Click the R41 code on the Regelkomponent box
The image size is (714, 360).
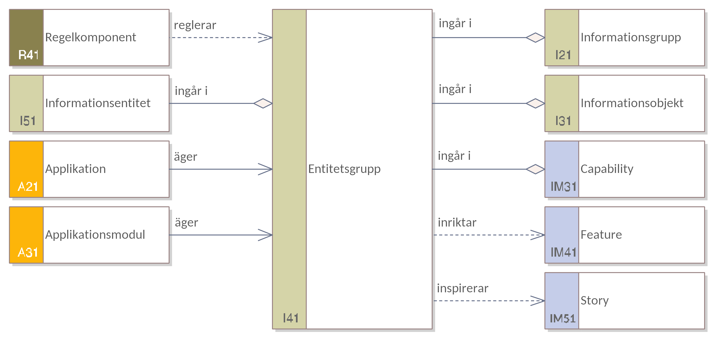[28, 55]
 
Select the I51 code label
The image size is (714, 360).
[28, 121]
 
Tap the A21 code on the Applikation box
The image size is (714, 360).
[28, 186]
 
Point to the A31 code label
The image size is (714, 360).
[28, 252]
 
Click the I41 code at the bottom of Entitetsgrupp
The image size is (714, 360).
[291, 318]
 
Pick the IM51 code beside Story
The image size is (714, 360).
[563, 318]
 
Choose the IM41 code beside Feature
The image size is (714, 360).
[563, 252]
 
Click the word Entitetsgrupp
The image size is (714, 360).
[344, 169]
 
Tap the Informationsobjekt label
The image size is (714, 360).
[632, 103]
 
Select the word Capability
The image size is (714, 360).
[607, 169]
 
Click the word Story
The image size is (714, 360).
[594, 301]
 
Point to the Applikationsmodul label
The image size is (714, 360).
[95, 235]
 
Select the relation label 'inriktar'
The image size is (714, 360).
[457, 223]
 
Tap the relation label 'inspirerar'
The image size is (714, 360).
[463, 288]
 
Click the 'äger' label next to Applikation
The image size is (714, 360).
[186, 157]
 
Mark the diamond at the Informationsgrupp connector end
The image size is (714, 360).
[535, 37]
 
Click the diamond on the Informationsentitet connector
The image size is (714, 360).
[263, 103]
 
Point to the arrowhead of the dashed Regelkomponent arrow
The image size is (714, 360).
[265, 37]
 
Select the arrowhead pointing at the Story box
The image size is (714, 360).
[538, 301]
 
